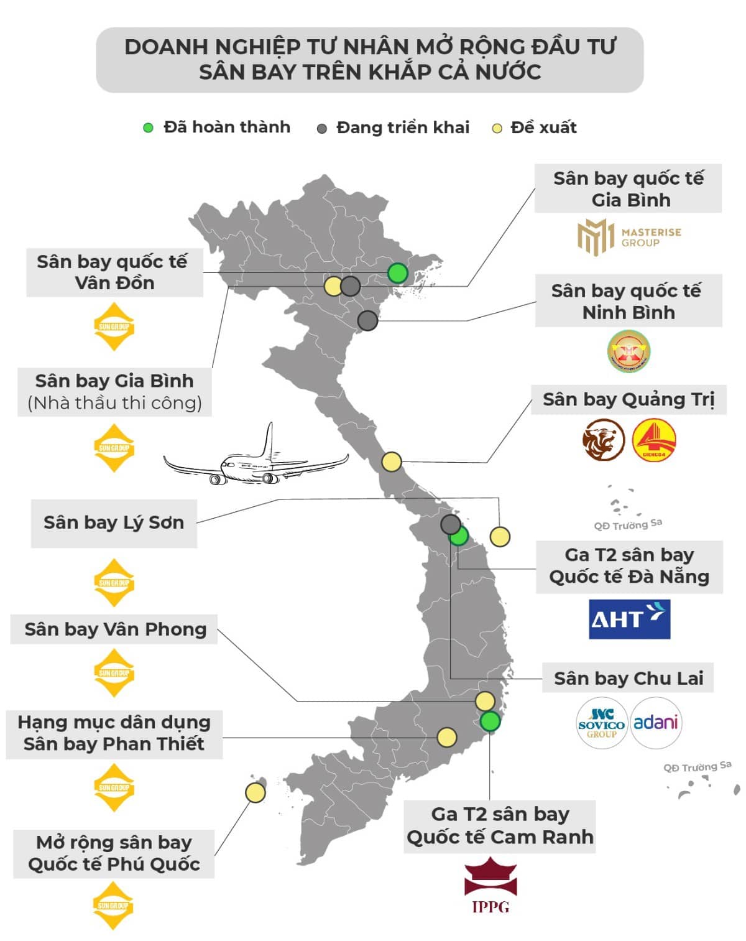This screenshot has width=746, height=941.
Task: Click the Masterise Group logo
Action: coord(629,236)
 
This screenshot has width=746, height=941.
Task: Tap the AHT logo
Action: coord(629,619)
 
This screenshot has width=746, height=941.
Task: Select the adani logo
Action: coord(655,723)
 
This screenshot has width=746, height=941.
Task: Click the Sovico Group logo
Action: coord(601,723)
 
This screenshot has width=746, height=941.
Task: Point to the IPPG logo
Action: coord(490,885)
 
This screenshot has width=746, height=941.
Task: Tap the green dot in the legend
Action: coord(148,128)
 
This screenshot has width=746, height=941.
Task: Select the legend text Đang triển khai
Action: coord(402,127)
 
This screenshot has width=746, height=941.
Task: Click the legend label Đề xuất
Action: coord(543,127)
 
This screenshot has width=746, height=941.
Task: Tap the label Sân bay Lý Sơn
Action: coord(114,522)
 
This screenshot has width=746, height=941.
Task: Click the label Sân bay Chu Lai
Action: coord(629,678)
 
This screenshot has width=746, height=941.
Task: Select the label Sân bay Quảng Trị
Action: coord(629,399)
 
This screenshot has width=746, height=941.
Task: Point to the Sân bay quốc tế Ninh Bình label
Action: coord(628,301)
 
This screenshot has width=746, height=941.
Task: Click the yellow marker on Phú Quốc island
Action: coord(255,792)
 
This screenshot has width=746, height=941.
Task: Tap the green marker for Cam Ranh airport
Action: coord(490,721)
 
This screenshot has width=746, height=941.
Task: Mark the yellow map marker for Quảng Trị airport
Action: coord(391,462)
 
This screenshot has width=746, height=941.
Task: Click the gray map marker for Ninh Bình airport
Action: coord(367,321)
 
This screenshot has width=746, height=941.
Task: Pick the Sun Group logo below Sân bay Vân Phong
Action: coord(114,672)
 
